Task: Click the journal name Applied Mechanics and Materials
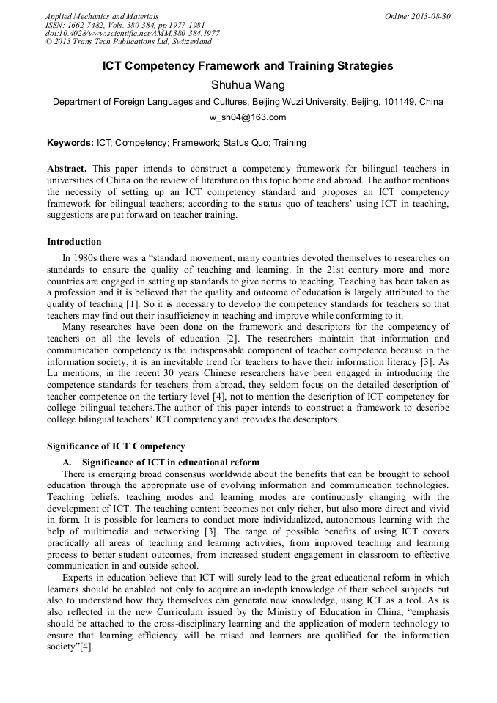pyautogui.click(x=102, y=16)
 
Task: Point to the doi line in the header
pyautogui.click(x=132, y=34)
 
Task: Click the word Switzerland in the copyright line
pyautogui.click(x=186, y=43)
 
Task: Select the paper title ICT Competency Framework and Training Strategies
pyautogui.click(x=248, y=66)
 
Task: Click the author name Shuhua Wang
pyautogui.click(x=248, y=85)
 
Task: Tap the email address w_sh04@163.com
pyautogui.click(x=248, y=117)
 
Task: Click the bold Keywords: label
pyautogui.click(x=70, y=143)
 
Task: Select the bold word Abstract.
pyautogui.click(x=67, y=169)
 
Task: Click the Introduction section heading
pyautogui.click(x=74, y=241)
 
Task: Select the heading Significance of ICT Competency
pyautogui.click(x=116, y=446)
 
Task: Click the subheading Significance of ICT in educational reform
pyautogui.click(x=171, y=462)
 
